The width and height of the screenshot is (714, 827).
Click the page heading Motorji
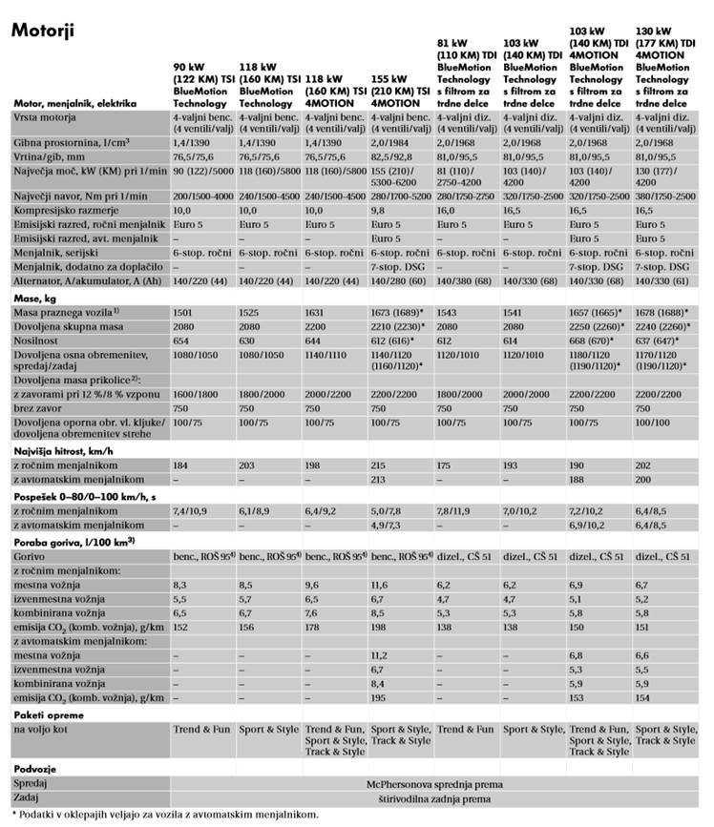coord(43,31)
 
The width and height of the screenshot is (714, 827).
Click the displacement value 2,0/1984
coord(391,140)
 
